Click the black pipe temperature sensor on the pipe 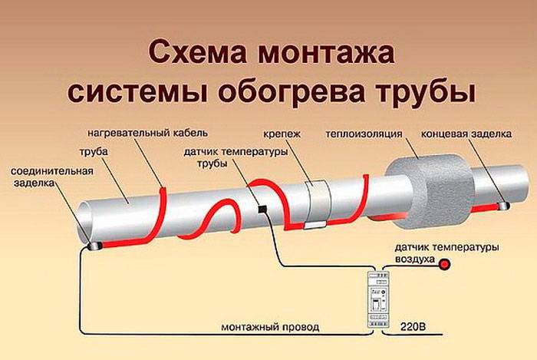coord(262,209)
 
